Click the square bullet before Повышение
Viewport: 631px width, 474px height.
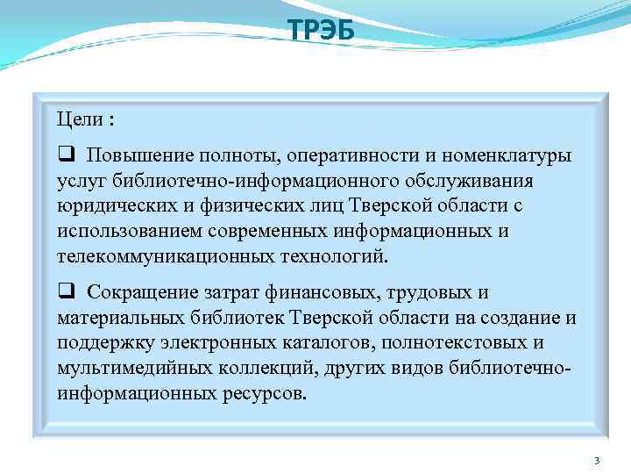click(x=65, y=155)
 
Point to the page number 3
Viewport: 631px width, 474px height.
click(x=596, y=461)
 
